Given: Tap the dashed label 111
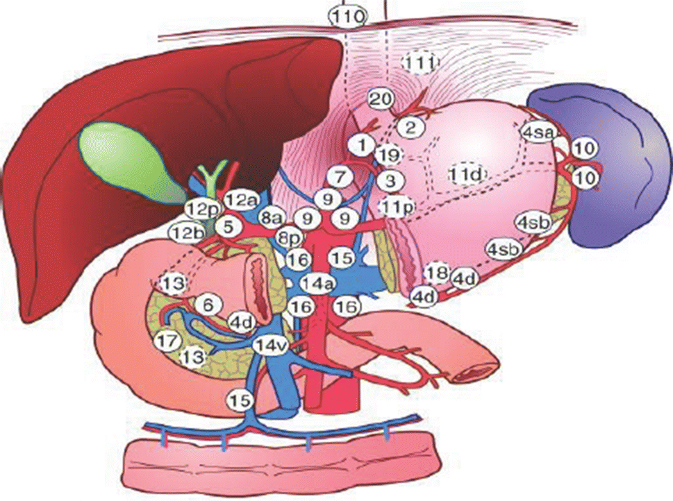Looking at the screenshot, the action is coord(421,64).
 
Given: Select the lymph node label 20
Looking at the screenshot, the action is coord(380,99).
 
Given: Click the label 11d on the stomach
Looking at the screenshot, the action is coord(465,173).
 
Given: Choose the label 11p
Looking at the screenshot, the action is coord(397,206).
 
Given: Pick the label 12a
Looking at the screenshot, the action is coord(240,201).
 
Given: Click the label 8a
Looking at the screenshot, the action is coord(271,218).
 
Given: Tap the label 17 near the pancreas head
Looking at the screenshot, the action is coord(167,341).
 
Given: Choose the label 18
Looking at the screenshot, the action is coord(437,272).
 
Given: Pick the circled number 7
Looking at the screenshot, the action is coord(340,176).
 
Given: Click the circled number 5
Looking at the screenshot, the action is coord(227,225).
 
